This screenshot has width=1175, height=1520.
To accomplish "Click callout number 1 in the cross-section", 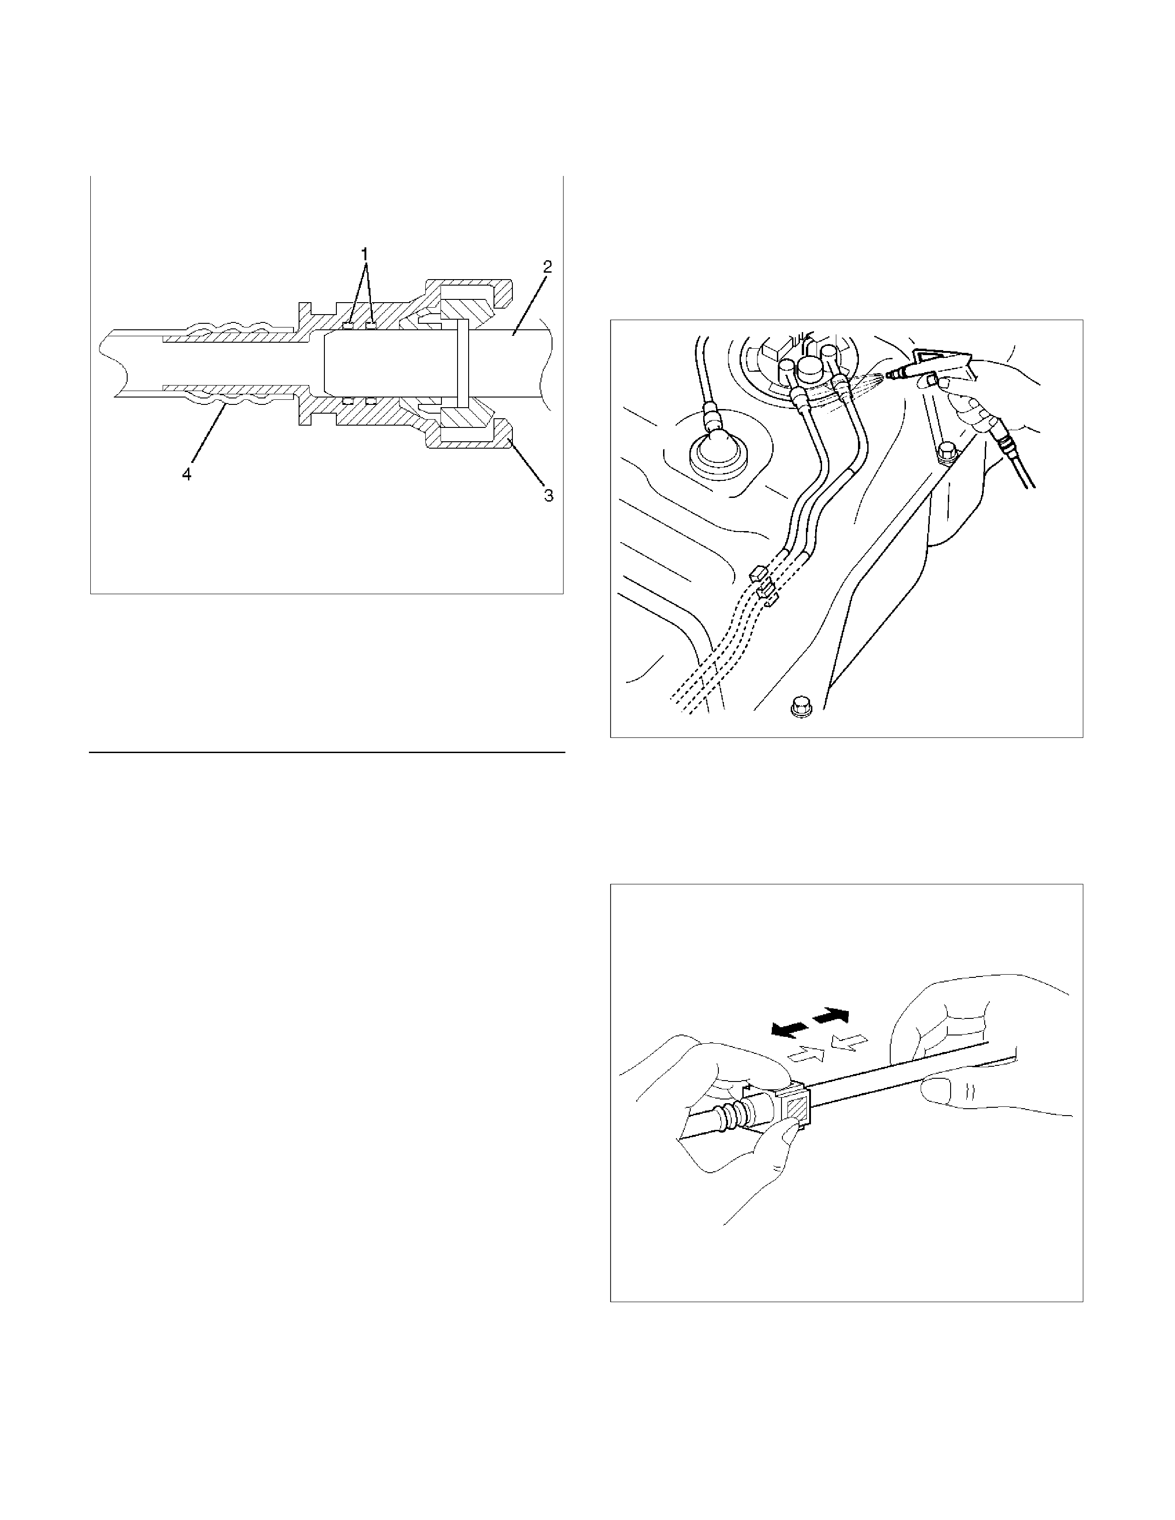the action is click(x=364, y=254).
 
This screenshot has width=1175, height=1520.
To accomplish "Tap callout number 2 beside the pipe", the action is click(x=548, y=267).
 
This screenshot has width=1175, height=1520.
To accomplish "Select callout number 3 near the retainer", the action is click(x=548, y=496).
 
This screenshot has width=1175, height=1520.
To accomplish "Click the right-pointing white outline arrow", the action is click(x=806, y=1054).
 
